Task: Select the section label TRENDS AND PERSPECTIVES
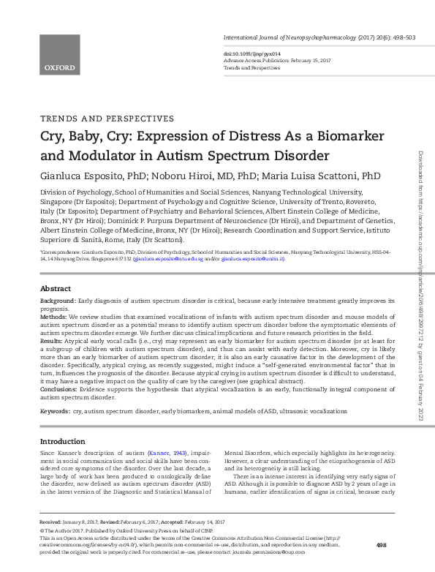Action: (107, 118)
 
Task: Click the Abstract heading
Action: (56, 289)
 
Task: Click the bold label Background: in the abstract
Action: (58, 301)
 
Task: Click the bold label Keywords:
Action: (55, 412)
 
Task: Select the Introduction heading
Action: (63, 442)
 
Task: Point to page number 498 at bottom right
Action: (380, 545)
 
